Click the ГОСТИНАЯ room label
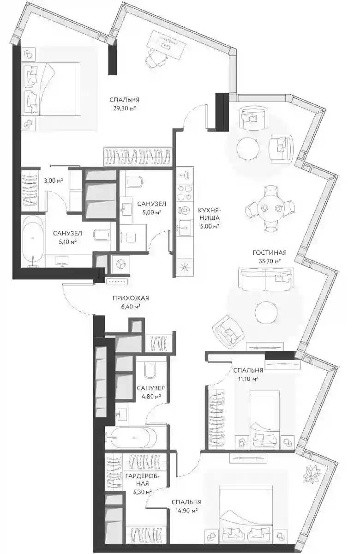pyautogui.click(x=270, y=253)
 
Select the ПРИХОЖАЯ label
pyautogui.click(x=131, y=298)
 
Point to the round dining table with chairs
pyautogui.click(x=269, y=208)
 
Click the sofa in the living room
pyautogui.click(x=265, y=279)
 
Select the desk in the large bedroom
pyautogui.click(x=166, y=45)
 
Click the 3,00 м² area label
pyautogui.click(x=54, y=181)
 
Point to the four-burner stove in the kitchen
pyautogui.click(x=185, y=193)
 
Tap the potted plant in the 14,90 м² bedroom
pyautogui.click(x=313, y=474)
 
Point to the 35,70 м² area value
pyautogui.click(x=270, y=261)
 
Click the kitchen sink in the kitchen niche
pyautogui.click(x=184, y=225)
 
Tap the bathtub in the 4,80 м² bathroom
pyautogui.click(x=133, y=437)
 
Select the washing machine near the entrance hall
pyautogui.click(x=120, y=264)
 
